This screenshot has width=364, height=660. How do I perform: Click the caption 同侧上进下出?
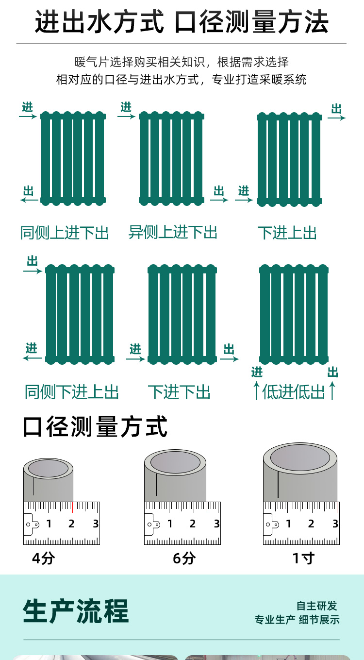coord(65,233)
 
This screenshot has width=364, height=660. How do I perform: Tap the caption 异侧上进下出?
coord(173,232)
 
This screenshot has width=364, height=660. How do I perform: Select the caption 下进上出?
coord(287,233)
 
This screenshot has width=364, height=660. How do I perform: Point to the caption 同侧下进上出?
coord(71,392)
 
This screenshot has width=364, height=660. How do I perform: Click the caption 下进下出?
coord(179,392)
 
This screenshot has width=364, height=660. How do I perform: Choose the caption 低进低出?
coord(293,392)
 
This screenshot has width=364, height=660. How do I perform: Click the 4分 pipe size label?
coord(44,558)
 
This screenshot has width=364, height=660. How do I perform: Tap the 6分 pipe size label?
coord(184,558)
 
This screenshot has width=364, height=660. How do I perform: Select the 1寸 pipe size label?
coord(304,558)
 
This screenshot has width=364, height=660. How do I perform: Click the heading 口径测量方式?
coord(95,426)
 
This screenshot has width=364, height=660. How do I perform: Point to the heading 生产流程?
coord(76,611)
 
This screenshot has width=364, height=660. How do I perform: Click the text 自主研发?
coord(316,606)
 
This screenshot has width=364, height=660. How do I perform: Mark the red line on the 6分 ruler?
coord(206,506)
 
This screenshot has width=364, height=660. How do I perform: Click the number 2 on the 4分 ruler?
coord(71,524)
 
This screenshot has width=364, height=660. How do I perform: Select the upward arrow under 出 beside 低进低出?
coord(332,390)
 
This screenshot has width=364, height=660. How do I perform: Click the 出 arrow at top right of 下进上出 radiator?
coord(336,118)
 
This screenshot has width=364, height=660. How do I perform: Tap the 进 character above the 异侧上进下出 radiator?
coord(126,107)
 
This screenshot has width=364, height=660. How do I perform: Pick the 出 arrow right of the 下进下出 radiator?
coord(230,359)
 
